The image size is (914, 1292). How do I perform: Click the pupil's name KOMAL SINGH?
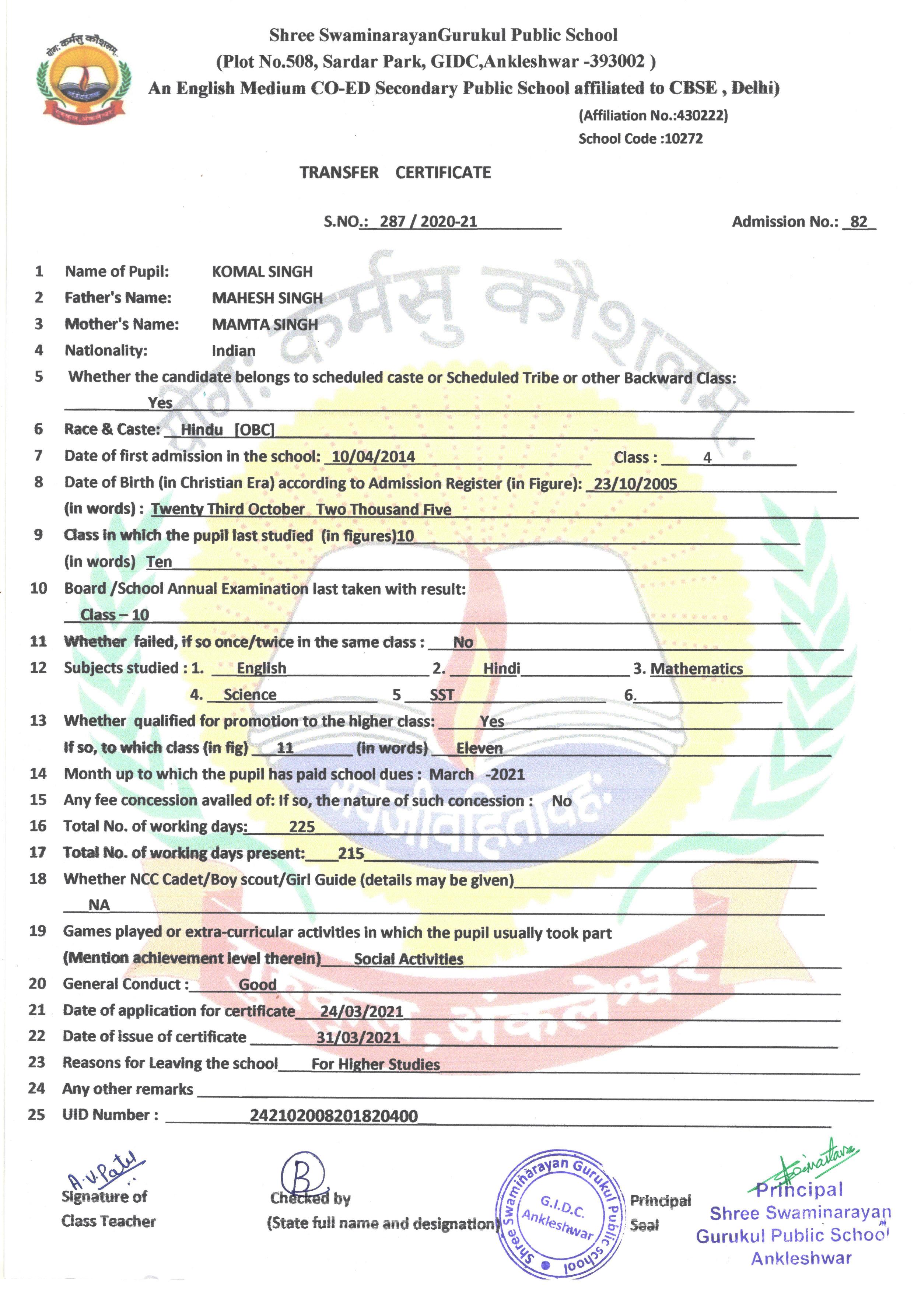(x=262, y=272)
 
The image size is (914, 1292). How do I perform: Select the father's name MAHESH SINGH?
(x=267, y=298)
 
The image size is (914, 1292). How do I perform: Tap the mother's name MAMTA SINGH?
(x=265, y=325)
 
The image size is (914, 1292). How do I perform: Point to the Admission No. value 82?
(x=858, y=222)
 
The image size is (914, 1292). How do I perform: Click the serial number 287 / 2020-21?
(x=428, y=222)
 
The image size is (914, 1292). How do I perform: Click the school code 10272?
(x=683, y=139)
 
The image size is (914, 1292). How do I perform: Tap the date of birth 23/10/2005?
(x=635, y=484)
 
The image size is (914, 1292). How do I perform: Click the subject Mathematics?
(x=696, y=669)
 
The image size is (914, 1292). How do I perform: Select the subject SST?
(x=441, y=695)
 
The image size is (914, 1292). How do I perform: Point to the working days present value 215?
(x=351, y=854)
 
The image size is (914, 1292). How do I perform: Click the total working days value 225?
(x=302, y=827)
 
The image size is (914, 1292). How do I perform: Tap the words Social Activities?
(x=408, y=959)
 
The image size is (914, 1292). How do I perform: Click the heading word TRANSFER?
(x=339, y=173)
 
